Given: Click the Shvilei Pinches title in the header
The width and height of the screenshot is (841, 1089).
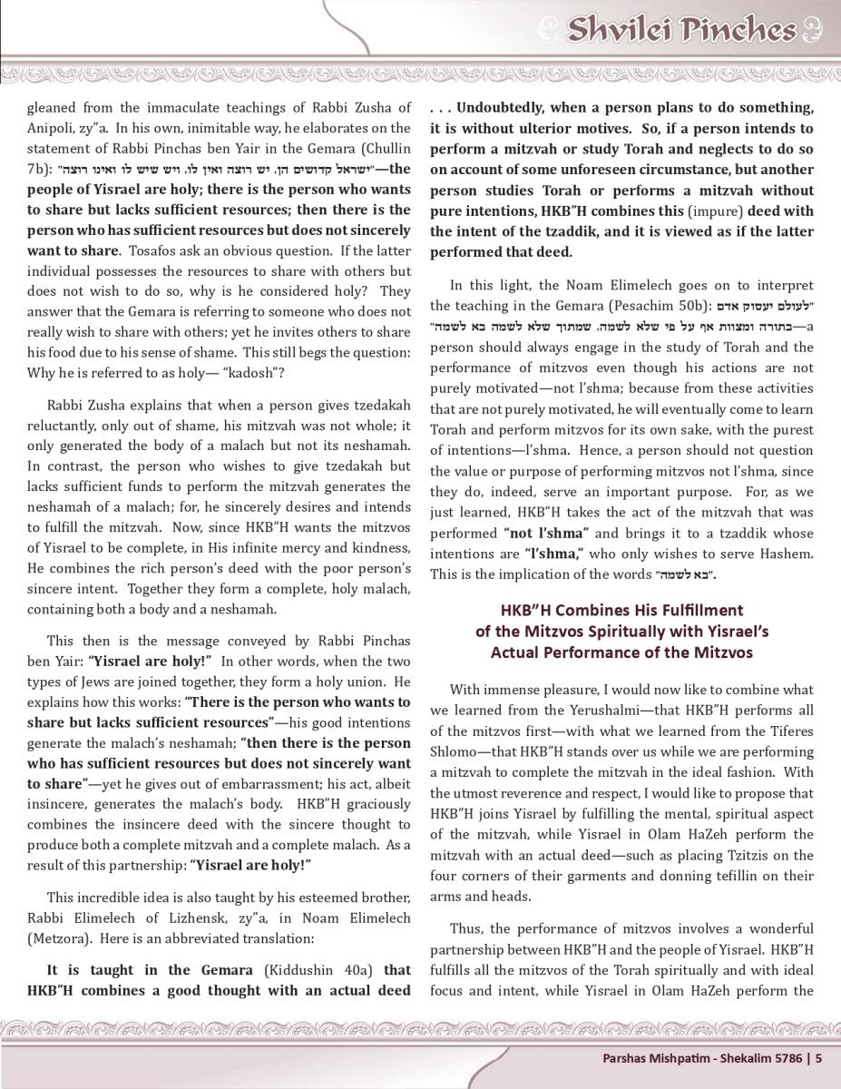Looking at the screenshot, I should [x=680, y=30].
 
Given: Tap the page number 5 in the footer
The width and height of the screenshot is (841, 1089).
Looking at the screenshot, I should [x=818, y=1057].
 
